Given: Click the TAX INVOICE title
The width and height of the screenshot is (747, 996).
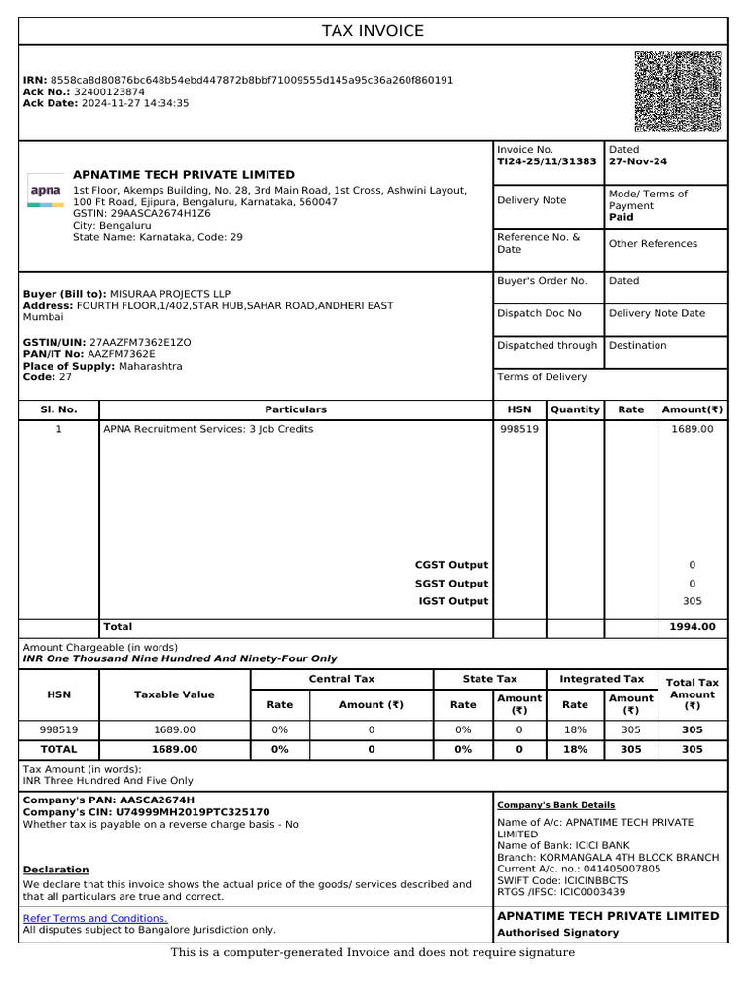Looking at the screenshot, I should (x=373, y=31).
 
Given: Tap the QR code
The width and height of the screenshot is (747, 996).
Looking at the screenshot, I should (x=678, y=90).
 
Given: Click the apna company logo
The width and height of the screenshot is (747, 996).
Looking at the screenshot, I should (x=45, y=192).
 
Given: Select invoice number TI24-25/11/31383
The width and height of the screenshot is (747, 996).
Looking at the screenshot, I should (x=547, y=162).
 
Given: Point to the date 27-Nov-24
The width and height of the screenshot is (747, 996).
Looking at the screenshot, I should (x=638, y=162).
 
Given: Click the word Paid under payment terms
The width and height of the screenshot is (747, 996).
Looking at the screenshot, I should (x=622, y=218).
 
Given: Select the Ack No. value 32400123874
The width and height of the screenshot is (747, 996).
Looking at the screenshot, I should (x=110, y=91).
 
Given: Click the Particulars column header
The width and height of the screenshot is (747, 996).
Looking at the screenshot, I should (x=296, y=409).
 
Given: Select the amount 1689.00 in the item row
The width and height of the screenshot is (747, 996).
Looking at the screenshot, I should (x=692, y=429).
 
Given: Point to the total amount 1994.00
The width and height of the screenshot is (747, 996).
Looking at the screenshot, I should (x=692, y=627).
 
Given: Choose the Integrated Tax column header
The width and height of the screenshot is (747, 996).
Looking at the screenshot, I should (x=601, y=679).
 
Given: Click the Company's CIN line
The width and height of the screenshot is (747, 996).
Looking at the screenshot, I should (x=146, y=812).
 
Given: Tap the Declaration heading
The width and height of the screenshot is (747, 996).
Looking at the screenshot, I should (x=55, y=870).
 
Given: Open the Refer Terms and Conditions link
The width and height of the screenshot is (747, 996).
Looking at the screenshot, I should (x=95, y=918).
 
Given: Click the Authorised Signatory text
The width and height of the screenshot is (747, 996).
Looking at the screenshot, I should (x=557, y=933).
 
